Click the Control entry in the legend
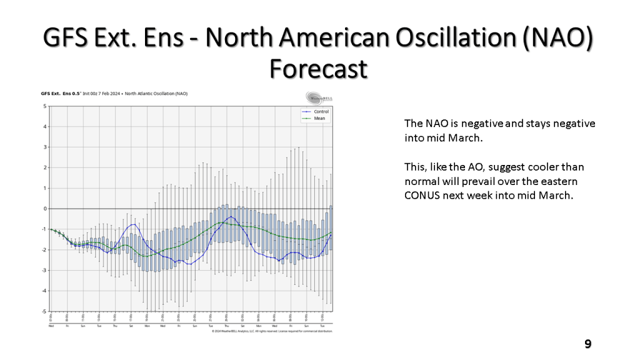tap(321, 112)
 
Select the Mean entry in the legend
tap(319, 118)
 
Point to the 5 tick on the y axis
tap(45, 106)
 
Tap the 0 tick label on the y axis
tap(45, 209)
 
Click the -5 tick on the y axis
tap(44, 311)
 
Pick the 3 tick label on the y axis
tap(45, 147)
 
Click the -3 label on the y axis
tap(44, 270)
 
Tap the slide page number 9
tap(587, 344)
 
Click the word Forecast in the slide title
tap(319, 69)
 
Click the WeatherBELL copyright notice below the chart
tap(272, 331)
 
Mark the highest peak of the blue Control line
tap(232, 217)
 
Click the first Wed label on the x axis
tap(51, 326)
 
